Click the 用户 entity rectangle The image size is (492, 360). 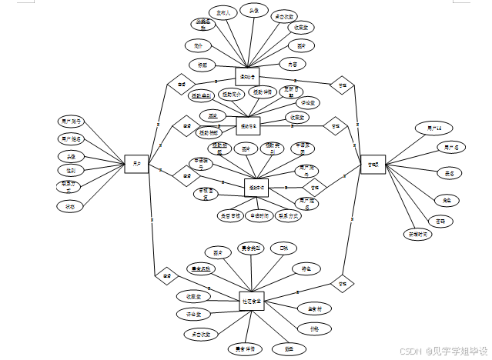(x=136, y=163)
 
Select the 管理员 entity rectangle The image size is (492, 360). (x=373, y=164)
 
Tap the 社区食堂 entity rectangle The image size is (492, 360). (x=251, y=301)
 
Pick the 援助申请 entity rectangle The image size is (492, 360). (x=256, y=188)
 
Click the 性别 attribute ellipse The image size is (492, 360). (x=70, y=171)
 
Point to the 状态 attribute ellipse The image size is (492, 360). (x=69, y=206)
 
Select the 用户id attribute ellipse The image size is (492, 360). (x=428, y=127)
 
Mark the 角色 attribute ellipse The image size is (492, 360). (x=447, y=199)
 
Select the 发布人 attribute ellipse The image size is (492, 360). (x=223, y=14)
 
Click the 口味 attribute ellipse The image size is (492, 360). (x=283, y=248)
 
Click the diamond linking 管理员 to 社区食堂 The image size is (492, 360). (x=341, y=283)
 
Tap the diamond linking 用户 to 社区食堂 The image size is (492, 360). (x=165, y=273)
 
